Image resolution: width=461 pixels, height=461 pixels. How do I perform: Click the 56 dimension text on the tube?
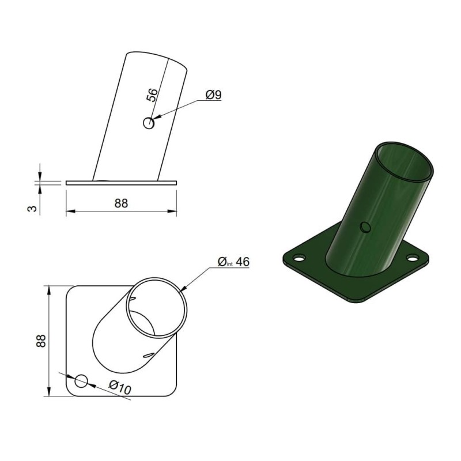point(152,95)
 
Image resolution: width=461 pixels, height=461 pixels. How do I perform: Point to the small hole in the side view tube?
point(149,123)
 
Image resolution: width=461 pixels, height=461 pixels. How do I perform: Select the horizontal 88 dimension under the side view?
point(121,203)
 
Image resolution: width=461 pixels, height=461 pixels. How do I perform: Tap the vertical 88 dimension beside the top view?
point(41,340)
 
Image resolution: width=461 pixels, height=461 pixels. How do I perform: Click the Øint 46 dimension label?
point(233,262)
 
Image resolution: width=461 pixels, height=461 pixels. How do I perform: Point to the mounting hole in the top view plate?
point(82,380)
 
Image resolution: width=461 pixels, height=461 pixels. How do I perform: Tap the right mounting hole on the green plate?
point(414,256)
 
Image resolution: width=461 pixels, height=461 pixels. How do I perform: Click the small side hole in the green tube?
point(364,227)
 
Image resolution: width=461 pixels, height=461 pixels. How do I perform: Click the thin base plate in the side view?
point(121,183)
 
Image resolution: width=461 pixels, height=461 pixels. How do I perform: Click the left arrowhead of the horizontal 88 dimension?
point(70,212)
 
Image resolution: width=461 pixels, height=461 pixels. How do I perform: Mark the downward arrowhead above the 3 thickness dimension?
point(40,177)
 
